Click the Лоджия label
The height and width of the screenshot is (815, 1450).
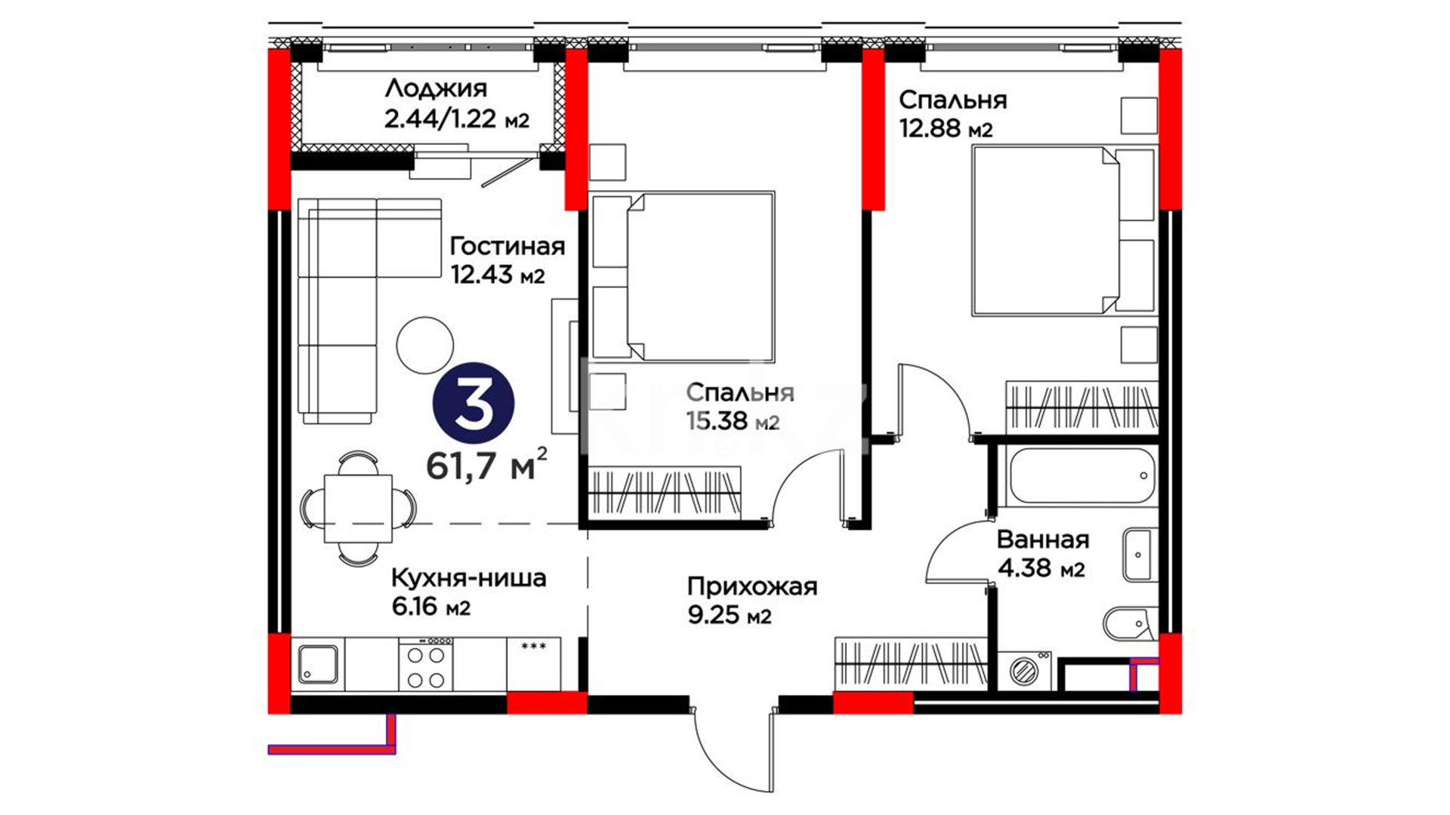436,89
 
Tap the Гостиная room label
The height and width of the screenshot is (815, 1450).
507,246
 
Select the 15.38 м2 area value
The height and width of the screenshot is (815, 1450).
733,420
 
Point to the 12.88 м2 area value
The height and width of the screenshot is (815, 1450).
946,128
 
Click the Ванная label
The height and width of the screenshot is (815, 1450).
1043,540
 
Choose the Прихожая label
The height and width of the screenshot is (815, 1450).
752,586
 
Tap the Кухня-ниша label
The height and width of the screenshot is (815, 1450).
468,578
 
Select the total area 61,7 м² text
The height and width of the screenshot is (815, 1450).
487,465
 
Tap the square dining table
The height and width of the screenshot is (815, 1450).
358,508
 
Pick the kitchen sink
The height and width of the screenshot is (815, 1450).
318,665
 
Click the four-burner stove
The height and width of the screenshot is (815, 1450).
426,664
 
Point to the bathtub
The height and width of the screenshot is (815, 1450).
1081,476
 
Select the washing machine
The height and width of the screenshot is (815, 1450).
1026,670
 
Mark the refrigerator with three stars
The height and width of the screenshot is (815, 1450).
534,664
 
